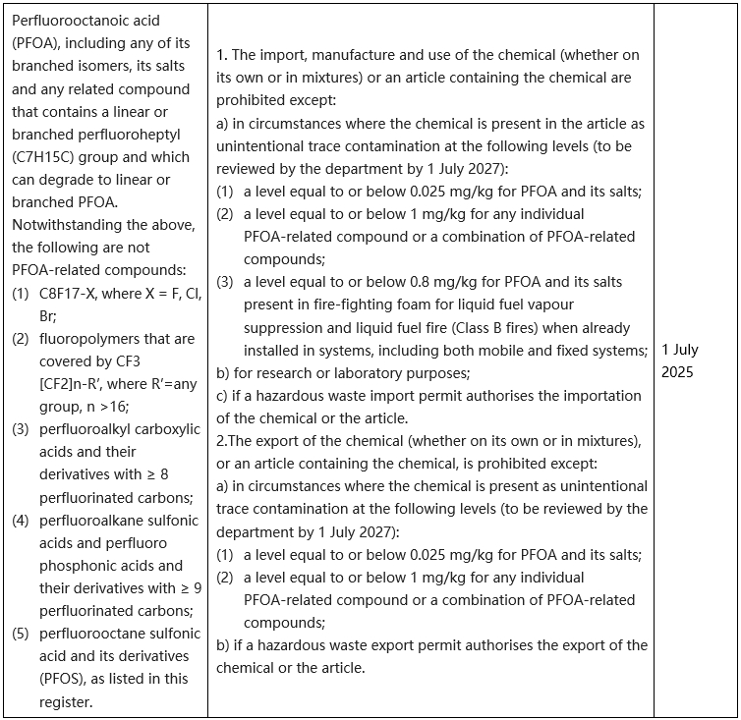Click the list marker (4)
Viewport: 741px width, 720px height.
point(21,520)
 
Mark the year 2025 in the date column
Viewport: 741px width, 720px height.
point(677,371)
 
